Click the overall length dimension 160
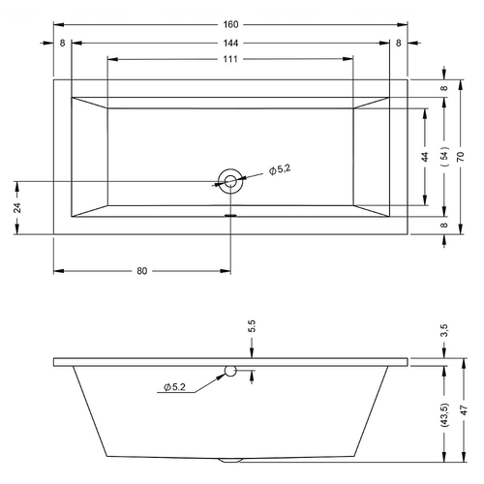tap(230, 24)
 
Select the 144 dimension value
tap(230, 43)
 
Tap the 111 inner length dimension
tap(230, 59)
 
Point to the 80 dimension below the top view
tap(142, 271)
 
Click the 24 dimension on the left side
tap(17, 207)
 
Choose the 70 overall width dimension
tap(461, 157)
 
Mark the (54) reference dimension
tap(445, 157)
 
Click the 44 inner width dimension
tap(425, 157)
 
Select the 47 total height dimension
tap(465, 410)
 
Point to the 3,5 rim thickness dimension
tap(445, 330)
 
